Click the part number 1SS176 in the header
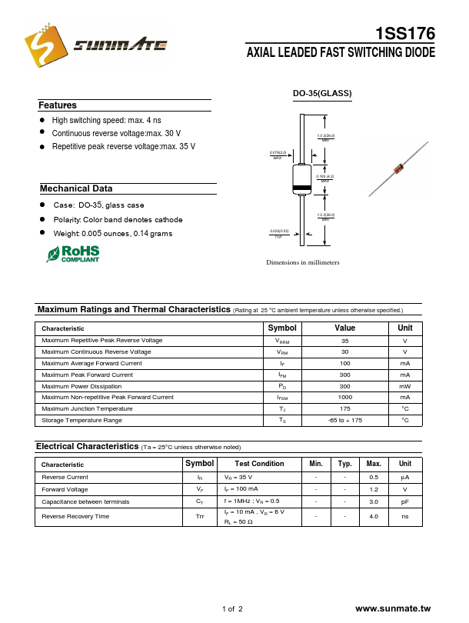(405, 34)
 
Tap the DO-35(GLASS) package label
(322, 94)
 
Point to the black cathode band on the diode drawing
(303, 189)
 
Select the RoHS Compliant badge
(73, 254)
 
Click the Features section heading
(58, 105)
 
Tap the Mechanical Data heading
(76, 188)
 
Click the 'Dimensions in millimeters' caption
(302, 263)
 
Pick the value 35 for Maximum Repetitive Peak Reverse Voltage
(344, 340)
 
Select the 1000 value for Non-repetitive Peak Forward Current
(344, 397)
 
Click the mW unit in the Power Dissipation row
(404, 386)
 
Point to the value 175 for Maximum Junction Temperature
(344, 408)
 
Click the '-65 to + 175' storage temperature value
(344, 420)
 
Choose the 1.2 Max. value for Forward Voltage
(374, 489)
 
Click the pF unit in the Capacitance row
(404, 501)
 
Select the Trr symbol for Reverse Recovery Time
(200, 516)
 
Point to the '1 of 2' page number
(232, 609)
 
